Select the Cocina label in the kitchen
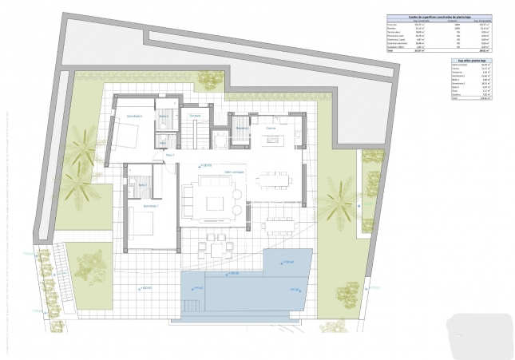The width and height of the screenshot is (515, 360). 271,128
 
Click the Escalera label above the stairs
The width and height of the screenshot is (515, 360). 195,116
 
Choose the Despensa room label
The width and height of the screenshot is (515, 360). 241,128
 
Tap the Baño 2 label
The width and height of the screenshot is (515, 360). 164,117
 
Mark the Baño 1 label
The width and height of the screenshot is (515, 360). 143,185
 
